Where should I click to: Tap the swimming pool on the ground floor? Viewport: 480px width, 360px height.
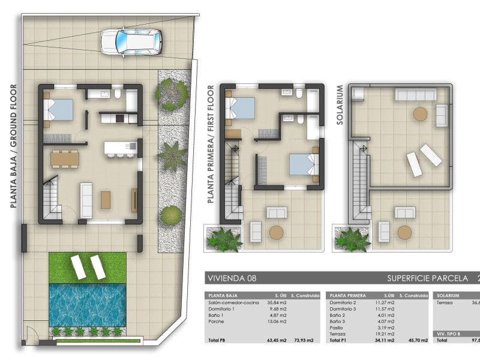[x=87, y=304]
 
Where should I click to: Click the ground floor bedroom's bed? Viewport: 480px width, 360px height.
[x=59, y=109]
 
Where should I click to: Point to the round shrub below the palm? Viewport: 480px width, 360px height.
[x=172, y=215]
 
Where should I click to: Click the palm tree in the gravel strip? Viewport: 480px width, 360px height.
[x=172, y=156]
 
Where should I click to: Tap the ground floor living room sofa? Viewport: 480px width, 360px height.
[x=86, y=201]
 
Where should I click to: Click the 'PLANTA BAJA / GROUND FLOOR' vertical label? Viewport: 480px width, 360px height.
[x=13, y=146]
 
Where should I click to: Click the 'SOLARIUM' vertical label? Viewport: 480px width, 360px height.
[x=340, y=104]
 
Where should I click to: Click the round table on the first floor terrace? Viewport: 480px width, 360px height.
[x=277, y=232]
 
